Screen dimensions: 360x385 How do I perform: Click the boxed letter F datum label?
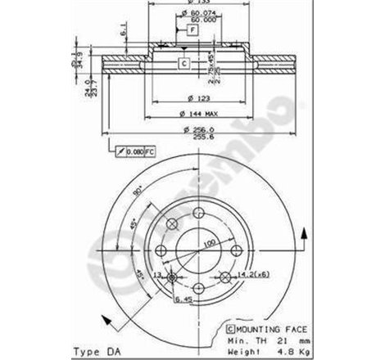point(192,29)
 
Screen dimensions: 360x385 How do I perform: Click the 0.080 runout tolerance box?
point(131,151)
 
